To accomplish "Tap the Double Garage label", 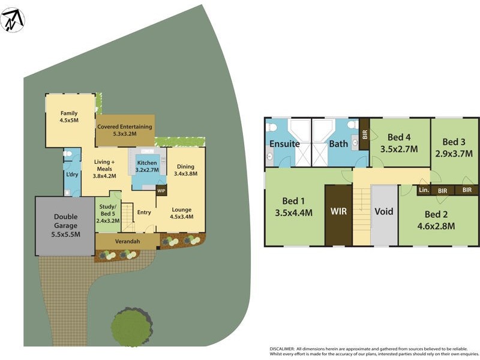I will point(67,226).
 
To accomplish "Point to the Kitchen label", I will point(147,163).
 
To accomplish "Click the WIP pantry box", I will point(161,191).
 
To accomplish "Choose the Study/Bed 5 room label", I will point(109,212).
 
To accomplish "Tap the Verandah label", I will point(127,241).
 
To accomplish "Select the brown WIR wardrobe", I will point(338,212).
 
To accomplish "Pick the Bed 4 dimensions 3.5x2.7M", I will point(399,149).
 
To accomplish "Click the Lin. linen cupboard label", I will point(424,190).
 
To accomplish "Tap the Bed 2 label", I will point(436,214).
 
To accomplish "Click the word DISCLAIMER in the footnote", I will point(285,348).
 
